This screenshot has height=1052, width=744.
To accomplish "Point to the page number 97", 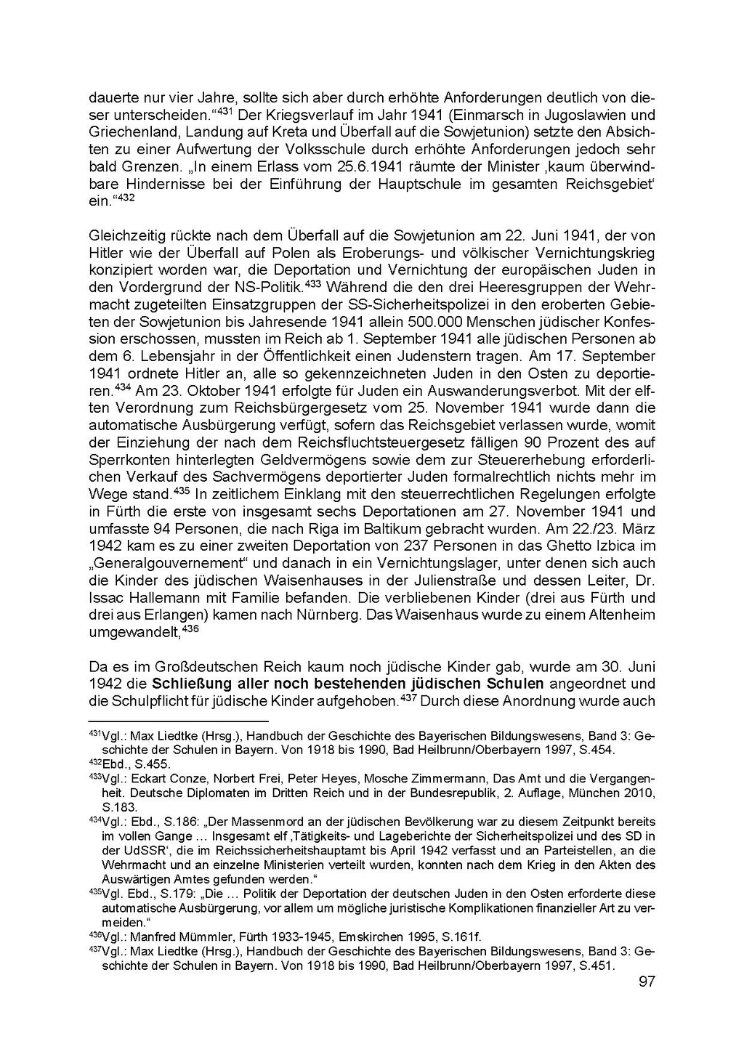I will click(646, 982).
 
